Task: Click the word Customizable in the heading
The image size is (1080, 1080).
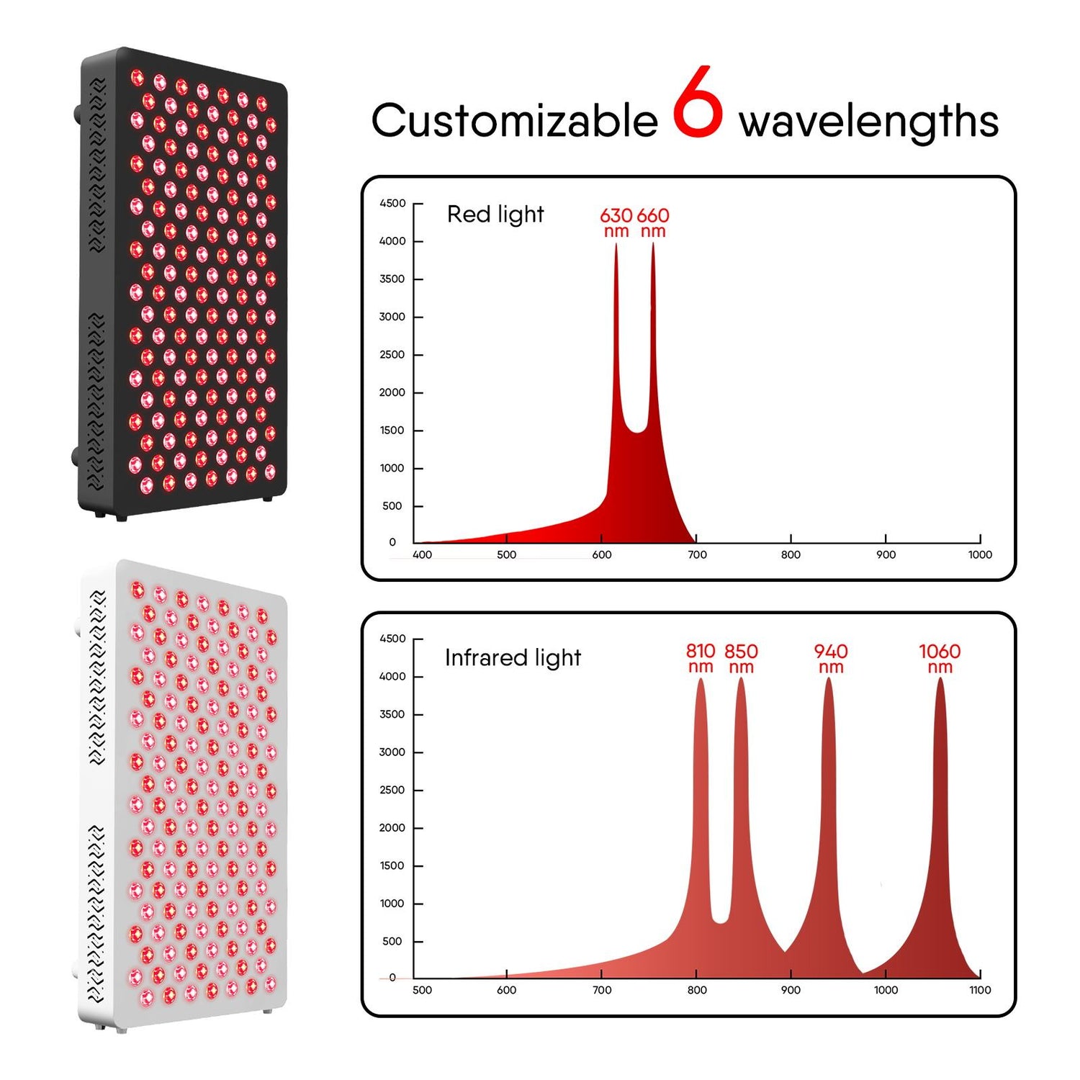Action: point(514,120)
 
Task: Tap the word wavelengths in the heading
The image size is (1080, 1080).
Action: point(869,121)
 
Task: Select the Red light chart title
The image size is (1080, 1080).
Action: point(495,215)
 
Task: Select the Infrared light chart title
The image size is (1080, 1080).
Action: point(513,657)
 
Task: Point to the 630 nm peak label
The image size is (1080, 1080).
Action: point(616,222)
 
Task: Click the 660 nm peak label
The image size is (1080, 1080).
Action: point(653,222)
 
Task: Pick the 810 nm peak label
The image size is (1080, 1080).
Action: point(701,658)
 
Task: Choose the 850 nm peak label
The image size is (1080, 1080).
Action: point(741,658)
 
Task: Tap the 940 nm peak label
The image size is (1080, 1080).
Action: point(831,658)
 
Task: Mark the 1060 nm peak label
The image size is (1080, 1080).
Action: point(940,658)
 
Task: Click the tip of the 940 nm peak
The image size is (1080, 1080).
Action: point(829,679)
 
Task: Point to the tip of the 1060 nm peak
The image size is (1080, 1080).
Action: point(940,679)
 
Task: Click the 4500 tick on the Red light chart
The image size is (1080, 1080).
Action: point(392,204)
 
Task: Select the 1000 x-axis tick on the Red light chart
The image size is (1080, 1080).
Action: point(980,554)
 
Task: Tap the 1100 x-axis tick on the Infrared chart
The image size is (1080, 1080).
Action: point(980,990)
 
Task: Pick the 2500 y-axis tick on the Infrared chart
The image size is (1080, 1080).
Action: point(392,790)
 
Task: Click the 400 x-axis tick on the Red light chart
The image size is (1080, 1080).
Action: point(422,554)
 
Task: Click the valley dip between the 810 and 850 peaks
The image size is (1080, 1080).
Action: point(720,920)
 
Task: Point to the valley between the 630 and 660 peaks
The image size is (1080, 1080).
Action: point(636,431)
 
